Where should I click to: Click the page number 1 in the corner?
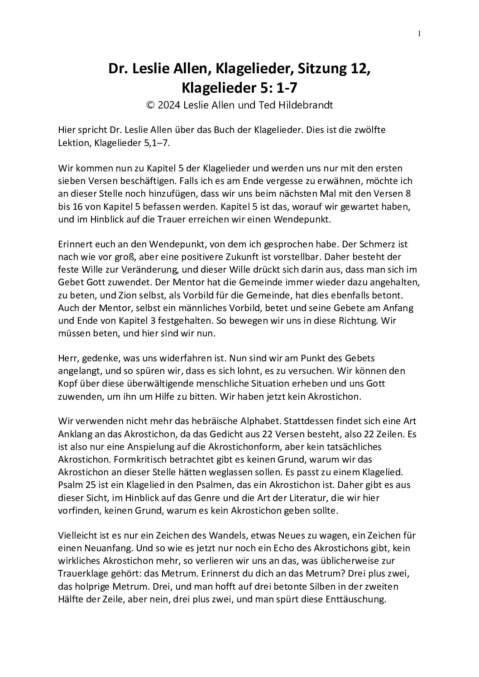click(x=419, y=33)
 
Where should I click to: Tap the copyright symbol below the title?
click(x=150, y=105)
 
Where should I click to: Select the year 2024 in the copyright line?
click(x=168, y=105)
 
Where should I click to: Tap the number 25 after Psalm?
click(x=86, y=485)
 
